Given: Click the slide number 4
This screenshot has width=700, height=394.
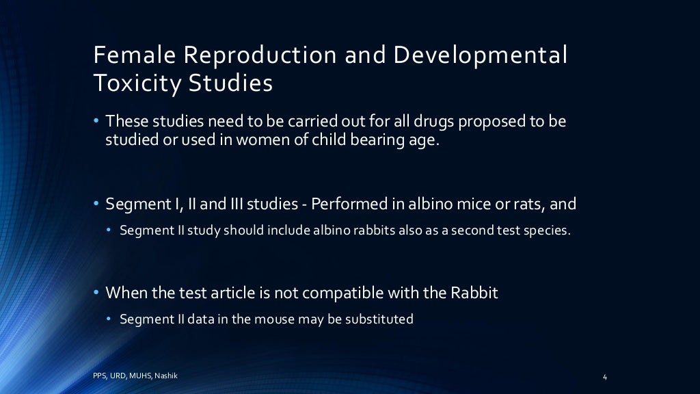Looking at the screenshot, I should [x=606, y=377].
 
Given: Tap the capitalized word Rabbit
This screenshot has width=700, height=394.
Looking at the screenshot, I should [x=474, y=293].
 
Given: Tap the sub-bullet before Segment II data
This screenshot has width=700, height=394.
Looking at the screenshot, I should [x=109, y=319].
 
